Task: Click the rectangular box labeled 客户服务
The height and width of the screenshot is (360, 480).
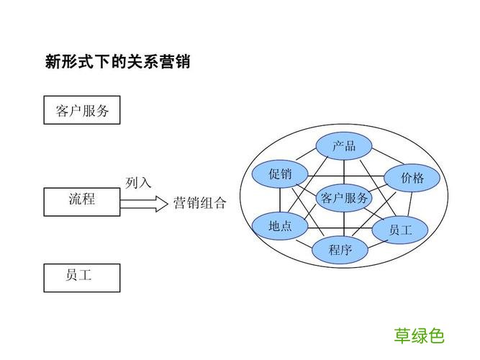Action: (x=82, y=111)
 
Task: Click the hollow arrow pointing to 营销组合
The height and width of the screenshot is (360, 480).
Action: (x=144, y=204)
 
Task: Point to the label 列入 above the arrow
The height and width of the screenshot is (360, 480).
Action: (x=138, y=183)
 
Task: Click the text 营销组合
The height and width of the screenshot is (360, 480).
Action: (x=200, y=204)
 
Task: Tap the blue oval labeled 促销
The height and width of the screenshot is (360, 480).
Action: (x=281, y=174)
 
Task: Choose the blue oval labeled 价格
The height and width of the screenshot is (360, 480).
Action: (x=412, y=179)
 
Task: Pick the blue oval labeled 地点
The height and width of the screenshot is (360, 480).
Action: (x=280, y=226)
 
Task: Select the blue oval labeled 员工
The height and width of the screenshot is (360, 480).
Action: (x=400, y=230)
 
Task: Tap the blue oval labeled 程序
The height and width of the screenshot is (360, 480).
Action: (x=340, y=250)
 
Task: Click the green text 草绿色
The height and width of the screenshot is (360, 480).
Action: (x=419, y=336)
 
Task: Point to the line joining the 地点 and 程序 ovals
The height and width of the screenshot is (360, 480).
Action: (x=309, y=239)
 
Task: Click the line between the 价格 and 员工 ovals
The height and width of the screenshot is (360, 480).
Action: (x=407, y=204)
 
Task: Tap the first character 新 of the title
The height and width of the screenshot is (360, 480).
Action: (x=53, y=63)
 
